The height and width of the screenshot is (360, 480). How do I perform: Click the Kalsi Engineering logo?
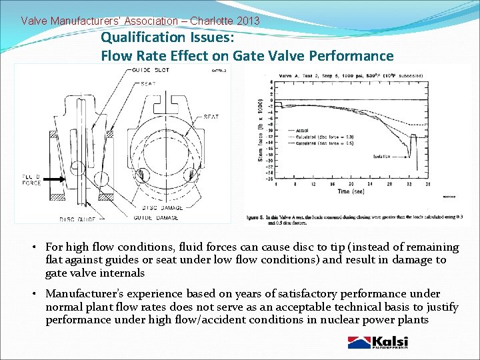[x=378, y=343]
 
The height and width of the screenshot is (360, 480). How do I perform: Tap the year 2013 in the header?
[x=247, y=21]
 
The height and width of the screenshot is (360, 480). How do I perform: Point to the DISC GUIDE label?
[x=76, y=219]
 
